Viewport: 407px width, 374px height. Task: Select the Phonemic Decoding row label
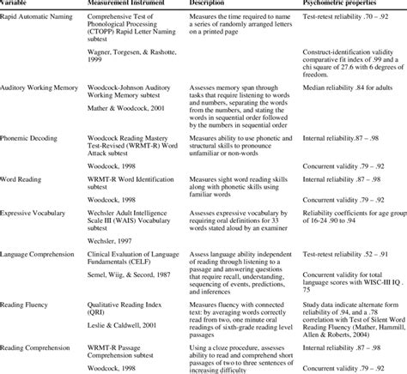(x=32, y=136)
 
